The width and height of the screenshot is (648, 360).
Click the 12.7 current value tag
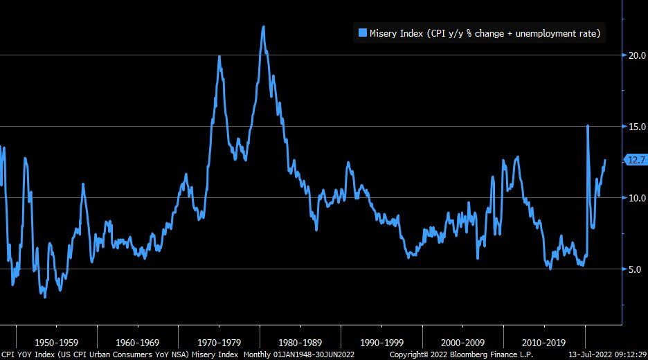[635, 160]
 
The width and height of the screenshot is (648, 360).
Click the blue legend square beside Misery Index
[362, 32]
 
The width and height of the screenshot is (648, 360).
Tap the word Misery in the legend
[384, 32]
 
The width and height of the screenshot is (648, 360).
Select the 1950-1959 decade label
[57, 342]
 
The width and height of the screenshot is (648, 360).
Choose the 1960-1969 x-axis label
[138, 342]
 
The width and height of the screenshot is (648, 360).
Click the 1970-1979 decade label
[219, 342]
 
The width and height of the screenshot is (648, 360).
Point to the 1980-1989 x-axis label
[300, 342]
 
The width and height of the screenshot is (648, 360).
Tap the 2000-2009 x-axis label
[463, 342]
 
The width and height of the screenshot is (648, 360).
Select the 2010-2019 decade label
[544, 342]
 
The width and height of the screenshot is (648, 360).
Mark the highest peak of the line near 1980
[263, 27]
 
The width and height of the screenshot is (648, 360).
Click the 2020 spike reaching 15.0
[587, 126]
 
